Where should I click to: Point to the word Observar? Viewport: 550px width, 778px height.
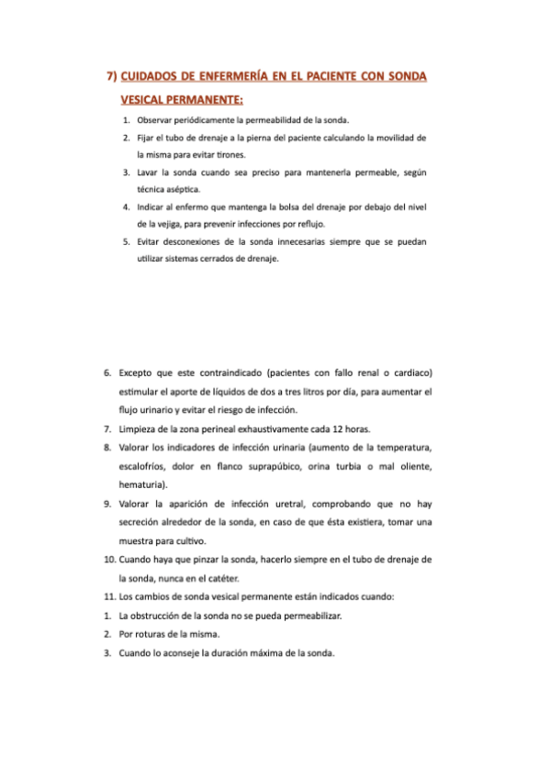pyautogui.click(x=157, y=120)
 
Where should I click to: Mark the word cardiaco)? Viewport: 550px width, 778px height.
pyautogui.click(x=410, y=374)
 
